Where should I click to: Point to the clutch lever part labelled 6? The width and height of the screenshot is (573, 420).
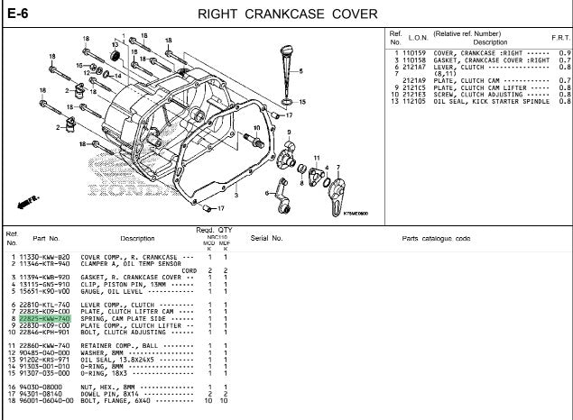tap(280, 188)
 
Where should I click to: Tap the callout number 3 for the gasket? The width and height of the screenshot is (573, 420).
tap(236, 195)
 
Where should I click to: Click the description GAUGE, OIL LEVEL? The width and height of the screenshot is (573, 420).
tap(117, 291)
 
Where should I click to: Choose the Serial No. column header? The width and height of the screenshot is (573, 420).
tap(266, 239)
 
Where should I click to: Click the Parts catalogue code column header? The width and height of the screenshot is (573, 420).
tap(436, 239)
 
